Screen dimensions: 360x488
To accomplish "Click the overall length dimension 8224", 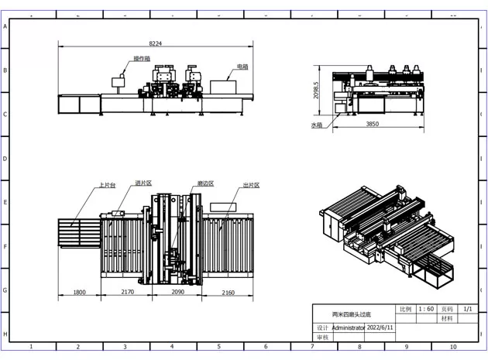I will (156, 43).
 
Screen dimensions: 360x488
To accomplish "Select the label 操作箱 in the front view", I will (141, 59).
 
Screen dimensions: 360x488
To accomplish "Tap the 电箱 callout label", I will (242, 67).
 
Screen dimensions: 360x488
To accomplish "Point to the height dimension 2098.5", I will (317, 93).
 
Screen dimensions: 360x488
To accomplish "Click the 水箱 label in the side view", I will (317, 125).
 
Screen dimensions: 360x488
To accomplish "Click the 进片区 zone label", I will (143, 183).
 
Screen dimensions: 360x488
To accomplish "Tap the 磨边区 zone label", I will (205, 183).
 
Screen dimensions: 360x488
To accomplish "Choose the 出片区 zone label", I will (250, 185).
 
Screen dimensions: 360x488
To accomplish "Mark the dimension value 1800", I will (78, 293).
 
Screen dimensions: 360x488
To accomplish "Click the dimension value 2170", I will (127, 293).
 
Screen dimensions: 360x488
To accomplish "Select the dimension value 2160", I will (229, 293).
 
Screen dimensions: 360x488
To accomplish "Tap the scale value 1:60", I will (425, 308).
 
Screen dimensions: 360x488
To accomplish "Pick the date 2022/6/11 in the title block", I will (380, 327).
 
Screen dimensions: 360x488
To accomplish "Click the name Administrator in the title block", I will (348, 327).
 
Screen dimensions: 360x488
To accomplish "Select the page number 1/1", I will (467, 308).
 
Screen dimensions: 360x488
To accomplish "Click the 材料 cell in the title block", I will (447, 318).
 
